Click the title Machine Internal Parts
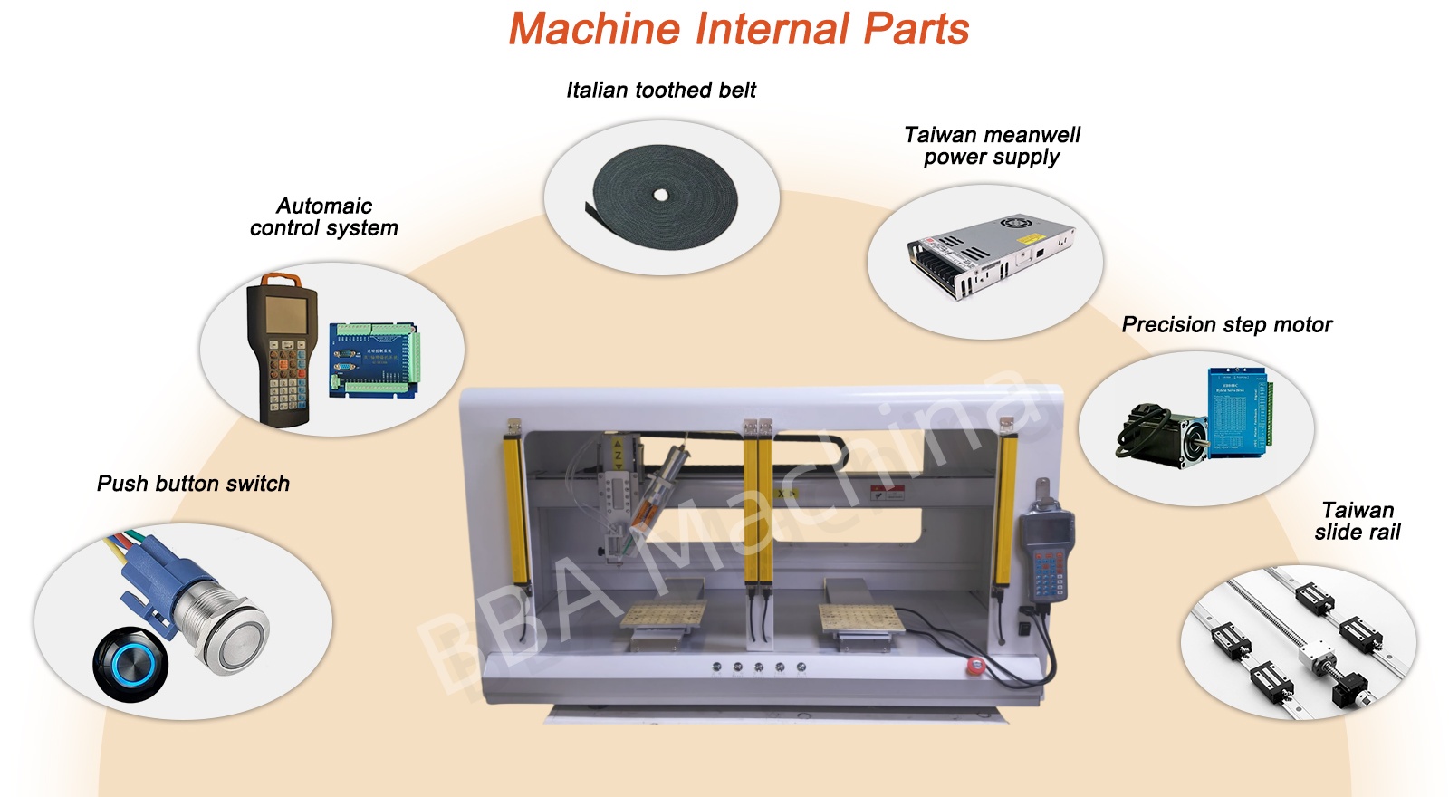point(738,29)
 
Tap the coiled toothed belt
point(664,197)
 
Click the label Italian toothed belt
point(660,90)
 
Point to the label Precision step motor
point(1226,324)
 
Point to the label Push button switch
point(193,484)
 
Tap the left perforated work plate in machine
point(663,616)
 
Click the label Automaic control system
point(323,216)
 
